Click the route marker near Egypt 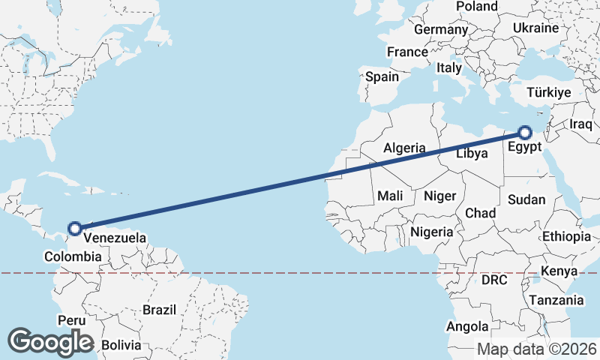(x=525, y=133)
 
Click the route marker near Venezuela (x=74, y=228)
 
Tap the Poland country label (x=476, y=7)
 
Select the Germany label (x=440, y=29)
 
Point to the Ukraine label (x=536, y=28)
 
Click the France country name (x=406, y=52)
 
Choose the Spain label (x=382, y=76)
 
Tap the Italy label (x=449, y=67)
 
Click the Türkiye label (x=549, y=92)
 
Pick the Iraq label (x=581, y=123)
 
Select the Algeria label (x=405, y=148)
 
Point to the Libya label (x=472, y=153)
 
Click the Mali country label (x=390, y=196)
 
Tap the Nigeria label (x=431, y=232)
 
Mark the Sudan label (x=526, y=199)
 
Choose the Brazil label (x=159, y=309)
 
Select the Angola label (x=467, y=327)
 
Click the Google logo (x=50, y=341)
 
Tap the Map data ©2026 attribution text (x=537, y=349)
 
